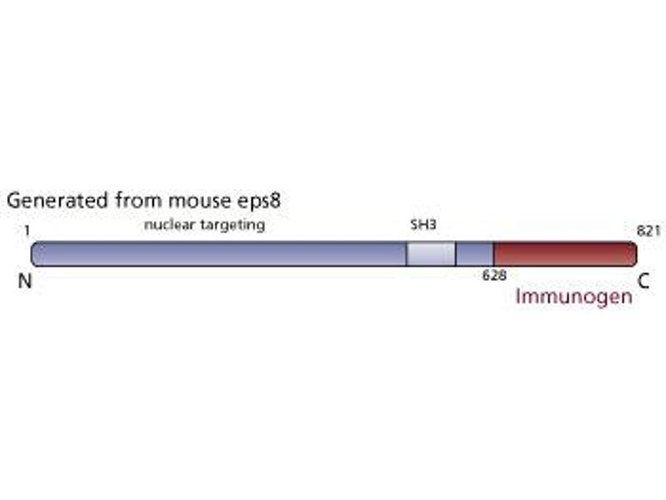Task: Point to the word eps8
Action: click(x=263, y=201)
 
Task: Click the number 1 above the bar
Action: click(x=28, y=226)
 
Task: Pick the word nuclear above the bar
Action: click(x=169, y=225)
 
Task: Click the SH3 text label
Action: click(x=424, y=225)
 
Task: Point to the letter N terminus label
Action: click(x=25, y=282)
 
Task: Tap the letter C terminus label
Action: click(x=644, y=282)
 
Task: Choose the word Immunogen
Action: click(x=574, y=296)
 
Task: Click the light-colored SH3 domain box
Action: click(x=430, y=254)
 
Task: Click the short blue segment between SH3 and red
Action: click(x=475, y=254)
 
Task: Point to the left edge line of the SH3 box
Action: click(x=406, y=254)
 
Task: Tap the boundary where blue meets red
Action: click(x=494, y=254)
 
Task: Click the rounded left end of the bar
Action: click(x=34, y=254)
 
